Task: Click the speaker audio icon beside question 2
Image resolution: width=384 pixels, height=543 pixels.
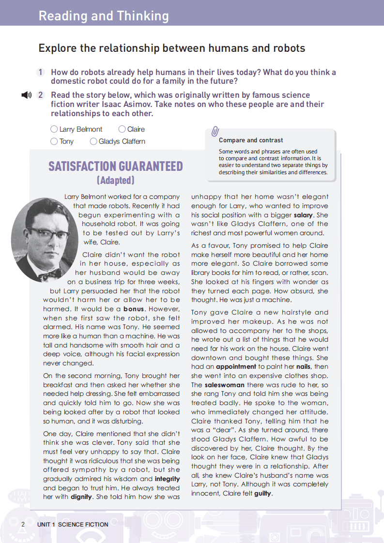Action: (x=26, y=95)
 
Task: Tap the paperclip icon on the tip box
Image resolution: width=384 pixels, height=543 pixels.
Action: (x=215, y=131)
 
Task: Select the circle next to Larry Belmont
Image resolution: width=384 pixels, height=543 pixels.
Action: (x=54, y=129)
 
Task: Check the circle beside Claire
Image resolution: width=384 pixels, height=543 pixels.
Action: (x=122, y=129)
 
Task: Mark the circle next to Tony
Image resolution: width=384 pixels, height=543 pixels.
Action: (x=54, y=141)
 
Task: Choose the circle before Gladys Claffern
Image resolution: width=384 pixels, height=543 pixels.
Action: (x=93, y=141)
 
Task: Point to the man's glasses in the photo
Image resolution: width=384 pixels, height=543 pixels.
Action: (x=48, y=234)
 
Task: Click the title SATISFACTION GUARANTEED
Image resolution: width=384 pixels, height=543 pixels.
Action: (x=115, y=166)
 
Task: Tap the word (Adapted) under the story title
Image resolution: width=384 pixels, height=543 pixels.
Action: (x=115, y=181)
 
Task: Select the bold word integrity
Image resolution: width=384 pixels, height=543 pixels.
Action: (x=167, y=479)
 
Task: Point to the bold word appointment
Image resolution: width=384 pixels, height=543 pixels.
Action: (x=236, y=367)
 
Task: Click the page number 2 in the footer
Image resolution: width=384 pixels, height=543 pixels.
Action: (x=23, y=524)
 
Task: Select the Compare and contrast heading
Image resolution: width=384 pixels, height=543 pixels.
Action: (x=251, y=140)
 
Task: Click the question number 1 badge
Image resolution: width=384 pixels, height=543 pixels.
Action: (x=41, y=72)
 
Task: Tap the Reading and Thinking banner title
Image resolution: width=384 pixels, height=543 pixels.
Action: (x=104, y=15)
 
